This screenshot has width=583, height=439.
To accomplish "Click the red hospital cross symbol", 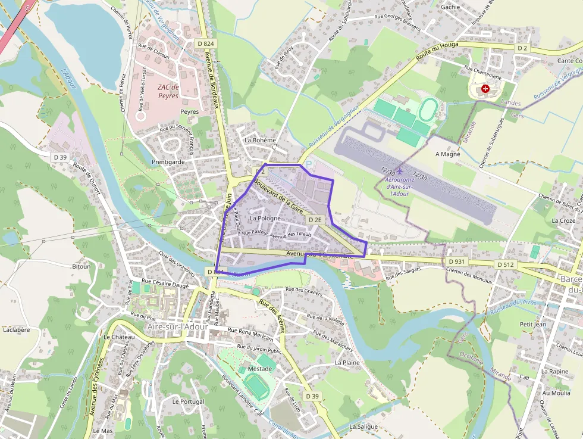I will coord(486,89).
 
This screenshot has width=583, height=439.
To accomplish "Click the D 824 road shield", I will coord(206,43).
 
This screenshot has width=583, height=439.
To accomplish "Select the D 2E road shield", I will coord(315,220).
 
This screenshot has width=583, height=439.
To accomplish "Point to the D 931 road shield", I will coord(456,261).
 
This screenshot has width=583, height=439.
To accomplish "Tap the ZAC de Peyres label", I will coord(168,91).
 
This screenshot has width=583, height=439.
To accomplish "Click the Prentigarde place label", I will coord(168,161).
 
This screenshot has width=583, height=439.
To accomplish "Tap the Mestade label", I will coord(259,369).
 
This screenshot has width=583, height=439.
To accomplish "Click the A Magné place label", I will coord(448,154).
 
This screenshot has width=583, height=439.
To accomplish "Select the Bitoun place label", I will coord(81,266).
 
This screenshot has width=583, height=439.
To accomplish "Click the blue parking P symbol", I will coord(308,163).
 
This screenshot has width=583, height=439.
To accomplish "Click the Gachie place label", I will coord(450,7).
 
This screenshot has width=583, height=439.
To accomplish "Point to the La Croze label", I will coord(563,220).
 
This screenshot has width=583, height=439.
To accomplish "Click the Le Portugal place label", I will coord(188,401).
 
